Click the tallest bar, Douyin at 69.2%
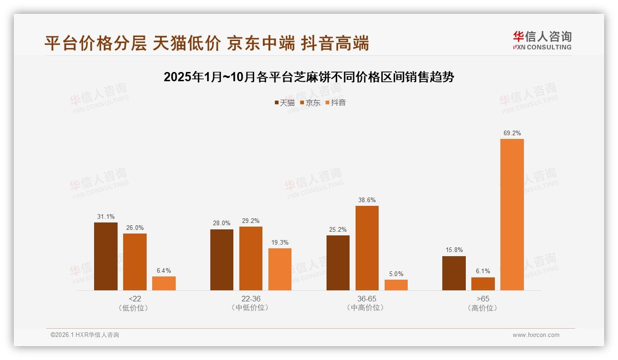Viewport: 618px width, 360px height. click(x=512, y=215)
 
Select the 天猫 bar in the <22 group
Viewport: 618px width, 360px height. click(x=106, y=256)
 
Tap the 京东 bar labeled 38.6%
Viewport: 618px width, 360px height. click(x=367, y=248)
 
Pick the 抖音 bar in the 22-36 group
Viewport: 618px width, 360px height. click(x=280, y=269)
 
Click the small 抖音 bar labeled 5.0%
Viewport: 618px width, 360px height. click(x=396, y=285)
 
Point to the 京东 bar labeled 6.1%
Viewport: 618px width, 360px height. click(x=483, y=284)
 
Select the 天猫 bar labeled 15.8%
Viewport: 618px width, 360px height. click(x=454, y=273)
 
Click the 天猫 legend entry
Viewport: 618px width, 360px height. click(x=284, y=103)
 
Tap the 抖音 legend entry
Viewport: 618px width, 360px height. click(x=335, y=103)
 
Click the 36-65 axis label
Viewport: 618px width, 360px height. click(x=367, y=299)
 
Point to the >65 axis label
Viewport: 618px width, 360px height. click(x=483, y=299)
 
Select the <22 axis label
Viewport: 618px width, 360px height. click(x=135, y=299)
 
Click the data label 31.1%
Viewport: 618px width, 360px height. click(x=106, y=216)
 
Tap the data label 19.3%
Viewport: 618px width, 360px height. click(x=280, y=242)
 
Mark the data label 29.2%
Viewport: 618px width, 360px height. click(x=251, y=221)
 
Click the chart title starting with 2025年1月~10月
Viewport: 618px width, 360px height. click(x=309, y=77)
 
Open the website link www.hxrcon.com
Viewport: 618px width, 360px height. click(x=536, y=335)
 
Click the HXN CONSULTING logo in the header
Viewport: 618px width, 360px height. click(x=542, y=41)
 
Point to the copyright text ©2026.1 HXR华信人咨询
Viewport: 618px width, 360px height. click(x=85, y=335)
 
